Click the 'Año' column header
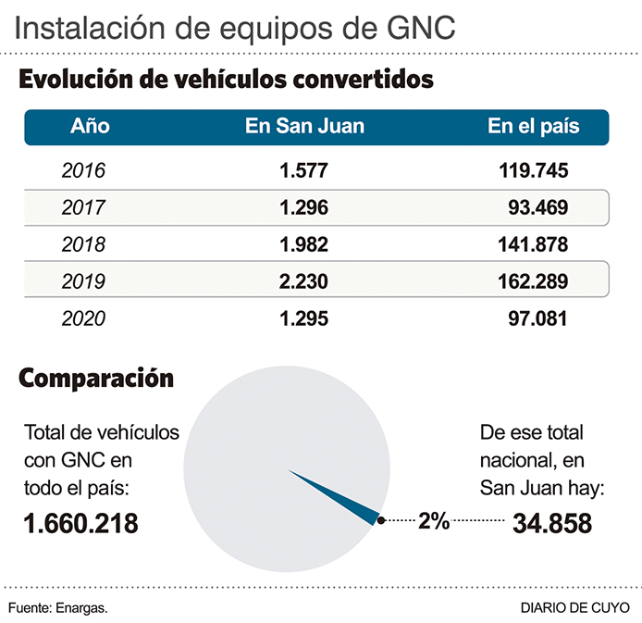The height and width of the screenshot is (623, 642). pyautogui.click(x=90, y=127)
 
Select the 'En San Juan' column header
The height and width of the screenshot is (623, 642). pyautogui.click(x=304, y=127)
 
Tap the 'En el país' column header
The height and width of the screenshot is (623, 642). pyautogui.click(x=533, y=127)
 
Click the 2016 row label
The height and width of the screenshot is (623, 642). pyautogui.click(x=83, y=171)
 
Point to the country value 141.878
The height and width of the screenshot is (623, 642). pyautogui.click(x=530, y=245)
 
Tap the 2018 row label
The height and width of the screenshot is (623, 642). pyautogui.click(x=83, y=245)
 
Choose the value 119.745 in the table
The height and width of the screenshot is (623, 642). pyautogui.click(x=530, y=171)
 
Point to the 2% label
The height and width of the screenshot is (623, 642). pyautogui.click(x=433, y=521)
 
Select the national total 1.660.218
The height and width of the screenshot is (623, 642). pyautogui.click(x=81, y=524)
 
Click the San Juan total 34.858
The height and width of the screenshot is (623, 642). pyautogui.click(x=552, y=524)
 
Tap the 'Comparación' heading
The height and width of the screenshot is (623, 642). pyautogui.click(x=96, y=378)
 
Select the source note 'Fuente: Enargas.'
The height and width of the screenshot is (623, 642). pyautogui.click(x=58, y=608)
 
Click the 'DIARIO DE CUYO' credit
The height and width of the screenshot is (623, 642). pyautogui.click(x=574, y=608)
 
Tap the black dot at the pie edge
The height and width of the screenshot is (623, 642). pyautogui.click(x=380, y=521)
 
